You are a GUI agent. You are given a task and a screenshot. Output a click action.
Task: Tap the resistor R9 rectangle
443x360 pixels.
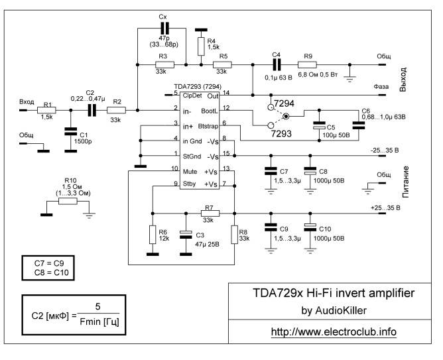tap(308, 65)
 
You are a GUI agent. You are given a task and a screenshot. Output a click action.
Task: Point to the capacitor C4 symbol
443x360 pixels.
tap(277, 65)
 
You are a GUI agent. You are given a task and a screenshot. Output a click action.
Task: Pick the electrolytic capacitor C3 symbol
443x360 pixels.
tap(186, 233)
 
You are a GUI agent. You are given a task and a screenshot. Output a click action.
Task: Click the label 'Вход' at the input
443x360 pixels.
tap(27, 101)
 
